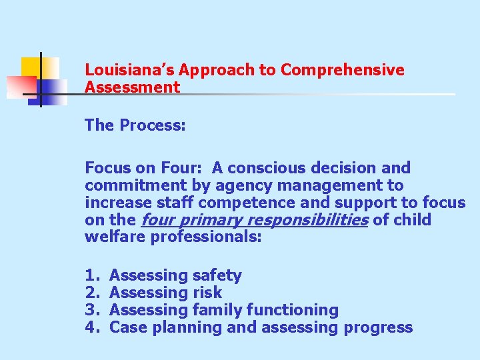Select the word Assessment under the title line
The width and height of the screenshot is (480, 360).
click(x=133, y=87)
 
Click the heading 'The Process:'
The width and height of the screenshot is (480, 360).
click(x=135, y=125)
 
